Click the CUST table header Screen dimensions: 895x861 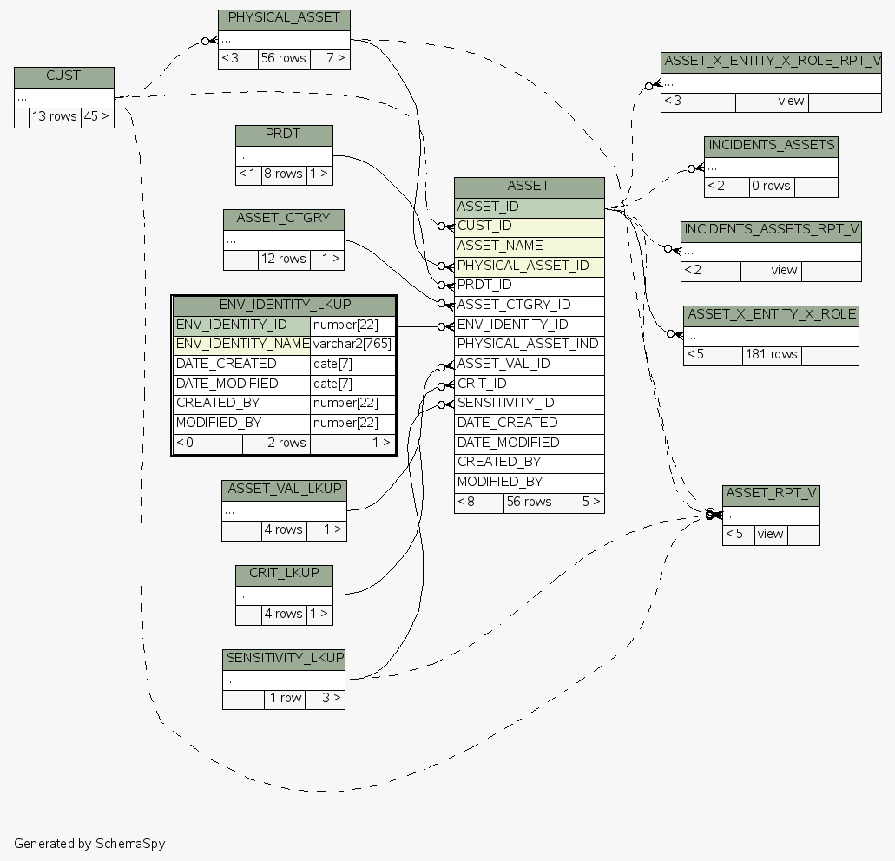pos(64,77)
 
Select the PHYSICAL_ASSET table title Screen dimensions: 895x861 pos(284,20)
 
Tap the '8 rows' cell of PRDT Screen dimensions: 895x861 pos(284,174)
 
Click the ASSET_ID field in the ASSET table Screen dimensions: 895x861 pos(530,207)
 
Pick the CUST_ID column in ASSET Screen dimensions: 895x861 pos(530,227)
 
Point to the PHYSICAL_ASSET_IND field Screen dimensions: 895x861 pos(530,345)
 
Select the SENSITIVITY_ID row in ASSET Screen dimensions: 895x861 pos(530,404)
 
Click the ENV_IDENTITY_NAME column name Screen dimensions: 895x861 pos(242,345)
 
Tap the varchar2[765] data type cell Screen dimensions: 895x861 pos(352,345)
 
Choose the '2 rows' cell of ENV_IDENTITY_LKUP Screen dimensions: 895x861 pos(276,444)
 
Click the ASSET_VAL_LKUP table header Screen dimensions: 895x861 pos(284,490)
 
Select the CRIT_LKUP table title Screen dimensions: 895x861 pos(284,575)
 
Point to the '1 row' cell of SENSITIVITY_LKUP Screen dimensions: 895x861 pos(285,699)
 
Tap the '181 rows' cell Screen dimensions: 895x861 pos(772,356)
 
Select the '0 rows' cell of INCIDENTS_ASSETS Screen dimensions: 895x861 pos(772,187)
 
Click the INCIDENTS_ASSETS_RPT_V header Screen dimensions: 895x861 pos(771,232)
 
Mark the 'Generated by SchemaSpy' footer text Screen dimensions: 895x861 pos(89,844)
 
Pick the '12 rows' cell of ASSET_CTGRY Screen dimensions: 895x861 pos(284,260)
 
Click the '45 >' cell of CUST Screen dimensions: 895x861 pos(97,117)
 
